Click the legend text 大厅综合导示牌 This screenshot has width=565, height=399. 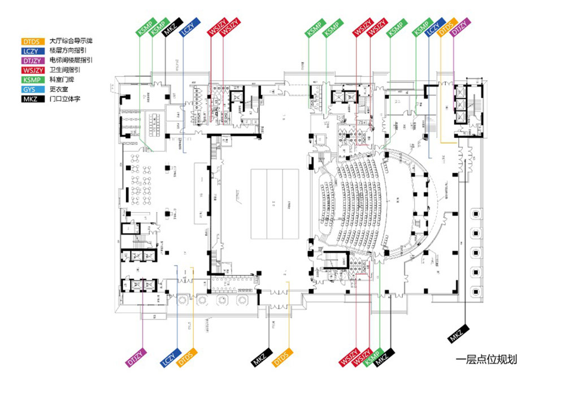pyautogui.click(x=71, y=41)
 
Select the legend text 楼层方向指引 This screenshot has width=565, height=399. pyautogui.click(x=67, y=51)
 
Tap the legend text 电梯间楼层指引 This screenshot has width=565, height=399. pyautogui.click(x=71, y=60)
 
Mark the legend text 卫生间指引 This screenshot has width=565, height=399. pyautogui.click(x=64, y=70)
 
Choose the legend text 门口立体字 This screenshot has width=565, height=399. pyautogui.click(x=64, y=99)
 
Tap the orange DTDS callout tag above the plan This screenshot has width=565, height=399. pyautogui.click(x=447, y=27)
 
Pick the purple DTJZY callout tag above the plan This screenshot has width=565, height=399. pyautogui.click(x=461, y=27)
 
